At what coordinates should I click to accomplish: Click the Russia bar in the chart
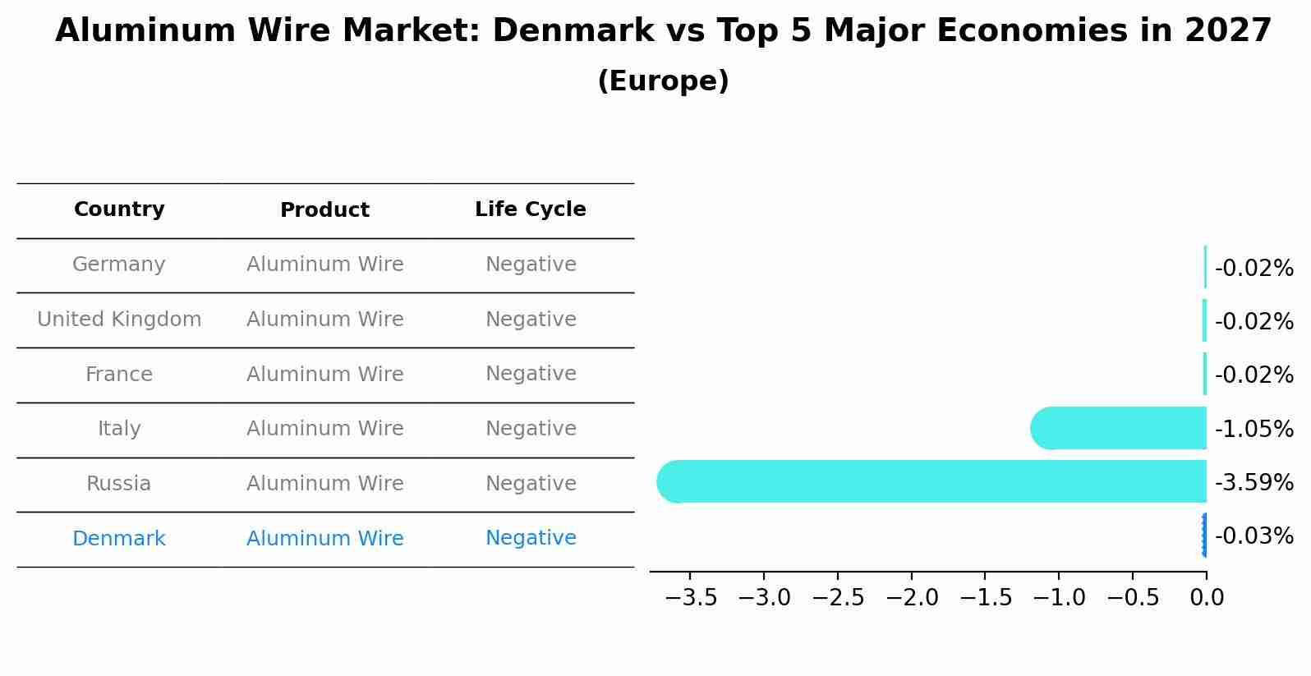coord(931,481)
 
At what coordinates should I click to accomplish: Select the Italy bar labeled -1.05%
coord(1119,428)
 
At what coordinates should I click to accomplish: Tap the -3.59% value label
coord(1253,483)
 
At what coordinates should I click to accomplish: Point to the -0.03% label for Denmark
coord(1253,536)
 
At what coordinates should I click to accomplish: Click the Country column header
coord(119,209)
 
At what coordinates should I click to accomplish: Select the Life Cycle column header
coord(531,209)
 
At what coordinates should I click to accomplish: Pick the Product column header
coord(324,210)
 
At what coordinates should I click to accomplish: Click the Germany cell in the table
coord(119,264)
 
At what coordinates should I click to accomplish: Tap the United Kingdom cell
coord(119,320)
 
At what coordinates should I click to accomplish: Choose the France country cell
coord(119,375)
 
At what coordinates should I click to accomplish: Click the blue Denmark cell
coord(119,539)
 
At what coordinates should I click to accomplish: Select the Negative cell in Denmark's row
coord(531,538)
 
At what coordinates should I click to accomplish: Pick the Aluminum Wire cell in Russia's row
coord(324,484)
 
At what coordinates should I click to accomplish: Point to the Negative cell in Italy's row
coord(531,429)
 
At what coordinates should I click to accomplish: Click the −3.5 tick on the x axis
coord(691,598)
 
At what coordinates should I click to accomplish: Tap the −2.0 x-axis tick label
coord(912,598)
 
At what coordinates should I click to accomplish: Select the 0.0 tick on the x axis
coord(1206,598)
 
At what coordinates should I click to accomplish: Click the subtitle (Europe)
coord(663,81)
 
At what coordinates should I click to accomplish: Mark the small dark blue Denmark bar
coord(1204,536)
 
